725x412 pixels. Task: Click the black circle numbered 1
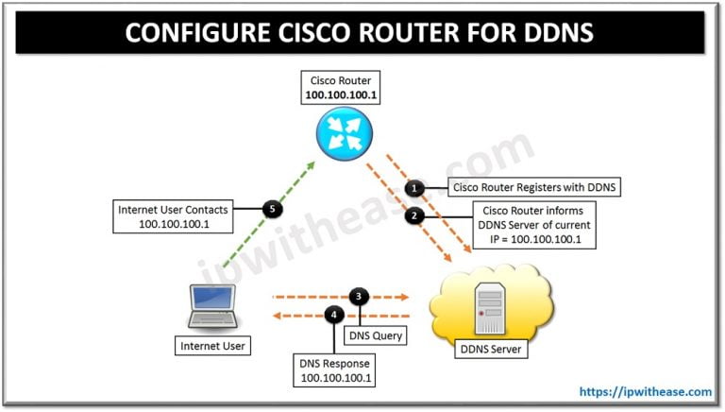(x=413, y=188)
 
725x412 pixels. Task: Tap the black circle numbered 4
(x=332, y=315)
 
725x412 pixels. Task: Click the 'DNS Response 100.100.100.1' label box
(x=337, y=369)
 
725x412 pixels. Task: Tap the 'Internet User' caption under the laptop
(x=213, y=346)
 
